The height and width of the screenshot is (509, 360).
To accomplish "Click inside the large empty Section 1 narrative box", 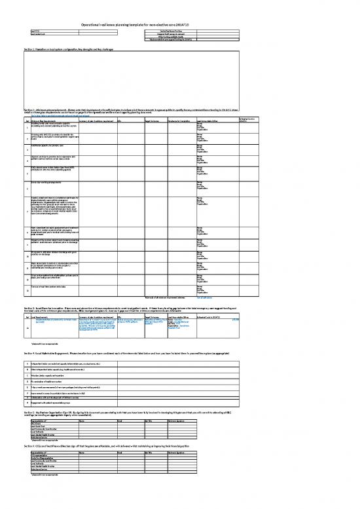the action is point(180,79).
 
